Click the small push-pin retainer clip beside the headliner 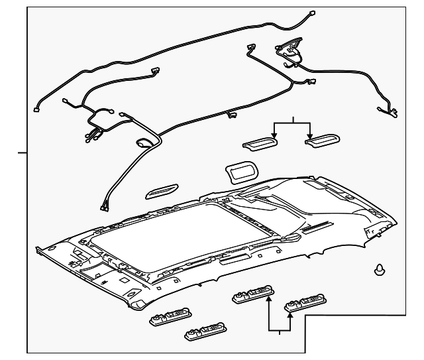pyautogui.click(x=380, y=270)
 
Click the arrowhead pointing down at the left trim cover pyautogui.click(x=275, y=137)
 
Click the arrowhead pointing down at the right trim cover pyautogui.click(x=309, y=137)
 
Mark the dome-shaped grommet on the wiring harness pyautogui.click(x=143, y=142)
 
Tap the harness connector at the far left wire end pyautogui.click(x=37, y=110)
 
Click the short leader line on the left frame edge pyautogui.click(x=22, y=152)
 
